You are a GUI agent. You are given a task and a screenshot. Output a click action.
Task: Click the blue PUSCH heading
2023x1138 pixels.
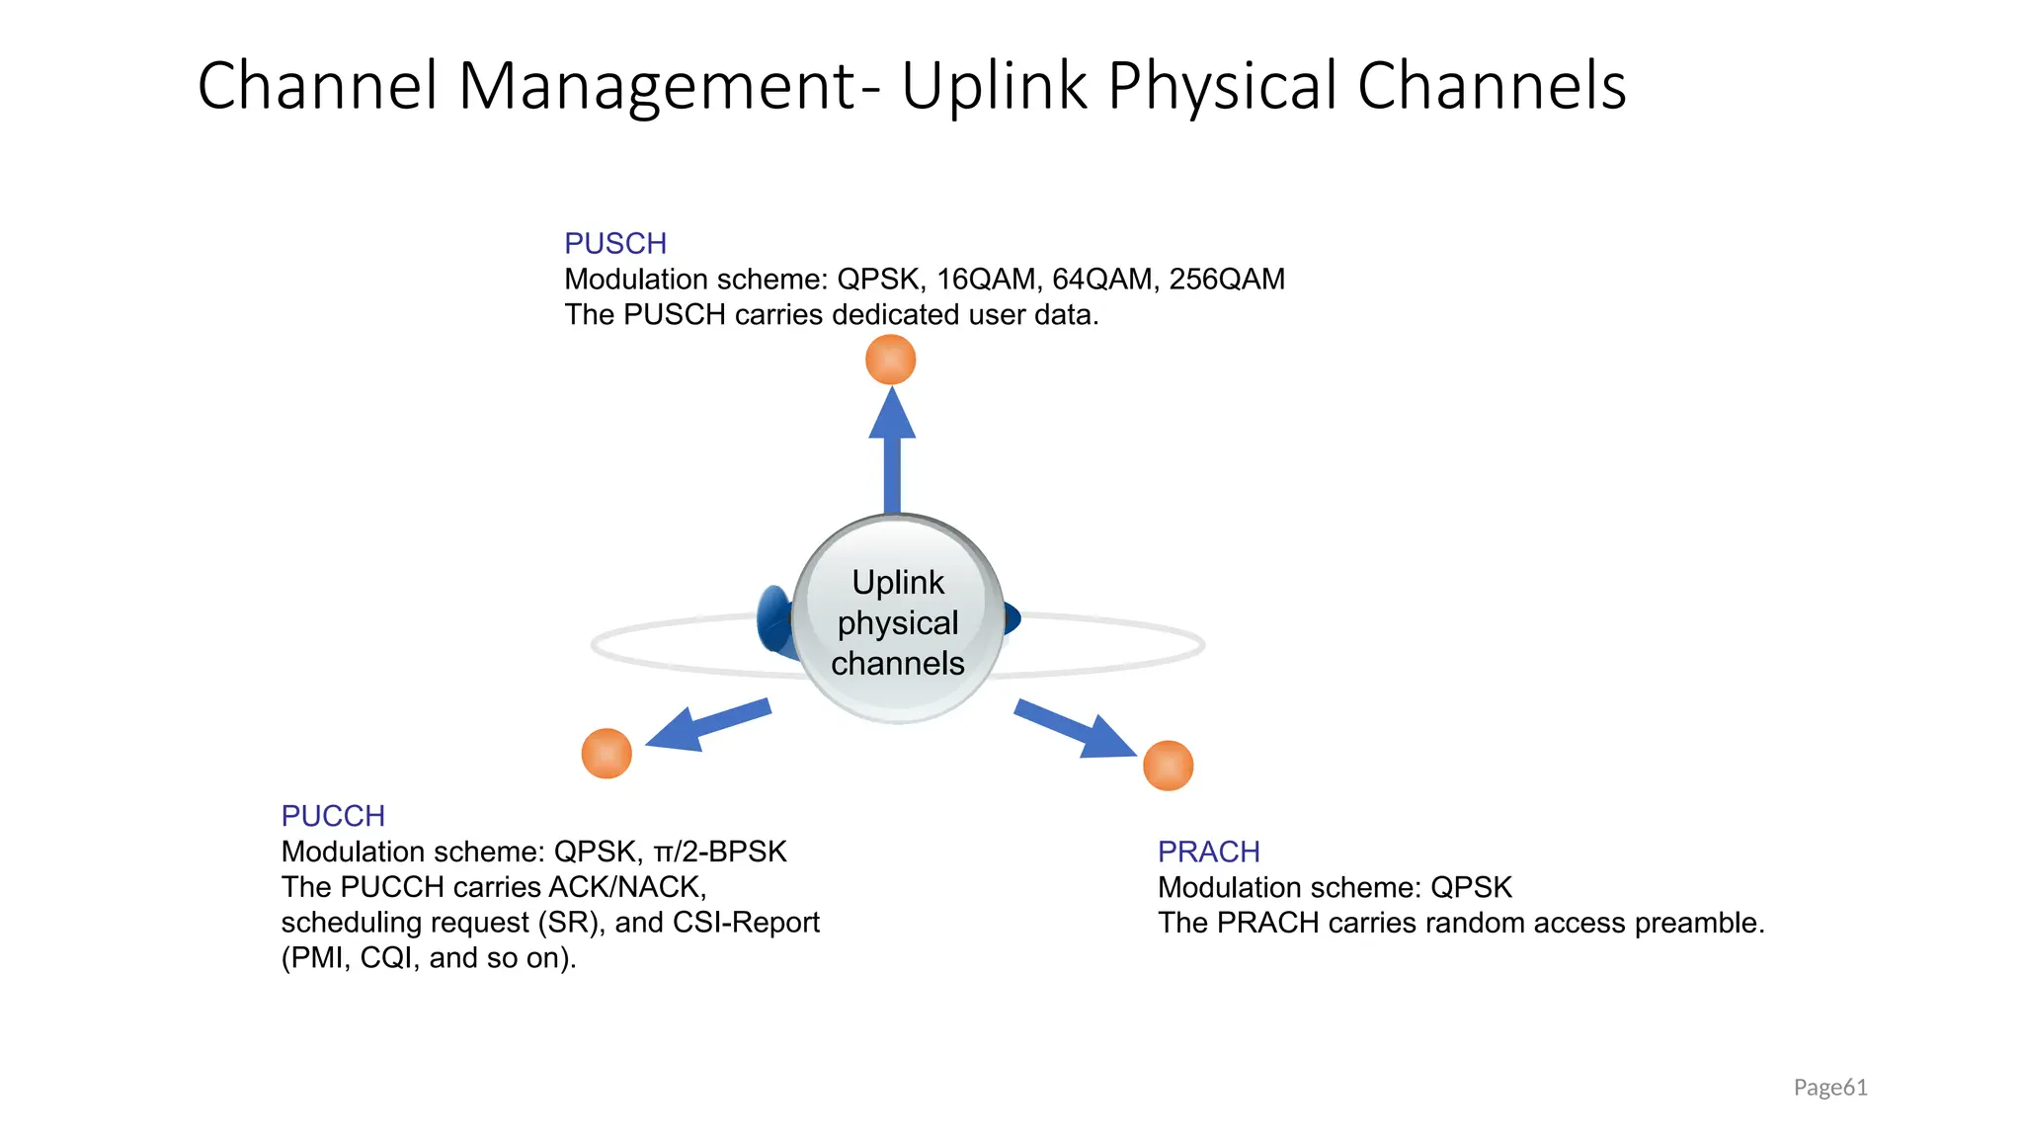point(615,243)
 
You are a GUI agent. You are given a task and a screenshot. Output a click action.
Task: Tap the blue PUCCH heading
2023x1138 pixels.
point(333,816)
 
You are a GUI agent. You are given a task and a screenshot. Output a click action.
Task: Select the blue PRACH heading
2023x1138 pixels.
point(1208,852)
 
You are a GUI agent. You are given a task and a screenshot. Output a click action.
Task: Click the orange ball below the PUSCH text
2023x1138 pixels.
point(891,360)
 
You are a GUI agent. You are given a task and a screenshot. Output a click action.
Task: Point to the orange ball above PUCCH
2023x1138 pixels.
point(607,754)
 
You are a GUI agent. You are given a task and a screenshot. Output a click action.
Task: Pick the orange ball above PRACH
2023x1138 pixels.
point(1168,766)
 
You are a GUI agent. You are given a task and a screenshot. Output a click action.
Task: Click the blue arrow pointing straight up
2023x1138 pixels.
point(892,449)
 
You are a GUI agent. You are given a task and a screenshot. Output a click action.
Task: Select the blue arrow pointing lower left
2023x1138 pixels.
point(703,727)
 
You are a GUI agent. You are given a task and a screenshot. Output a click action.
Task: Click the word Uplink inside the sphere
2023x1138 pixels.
point(898,583)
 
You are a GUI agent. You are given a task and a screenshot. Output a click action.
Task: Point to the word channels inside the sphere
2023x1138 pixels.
point(898,663)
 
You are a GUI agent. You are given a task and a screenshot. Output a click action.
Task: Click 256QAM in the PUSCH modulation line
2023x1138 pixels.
point(1227,280)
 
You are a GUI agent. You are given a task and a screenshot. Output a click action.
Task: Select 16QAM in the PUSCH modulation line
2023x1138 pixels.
point(987,280)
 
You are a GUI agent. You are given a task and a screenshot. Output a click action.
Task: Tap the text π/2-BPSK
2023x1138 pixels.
point(720,852)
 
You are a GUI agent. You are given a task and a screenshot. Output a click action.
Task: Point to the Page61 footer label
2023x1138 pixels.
point(1830,1088)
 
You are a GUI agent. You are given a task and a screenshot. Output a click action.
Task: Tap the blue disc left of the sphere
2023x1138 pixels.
point(773,619)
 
